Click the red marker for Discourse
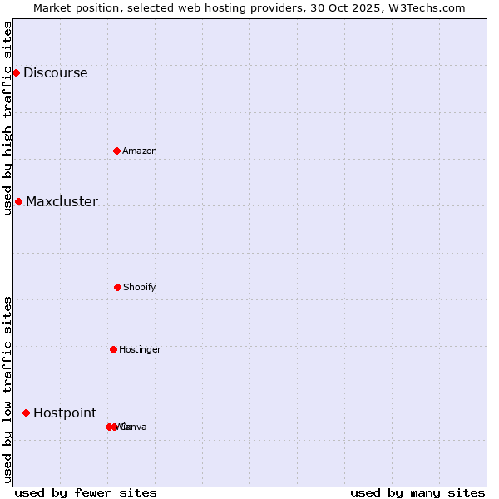tap(16, 72)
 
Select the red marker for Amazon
tap(116, 151)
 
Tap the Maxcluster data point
tap(18, 201)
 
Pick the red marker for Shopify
tap(117, 287)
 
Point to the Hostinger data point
tap(113, 349)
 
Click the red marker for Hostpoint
tap(26, 413)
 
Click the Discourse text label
tap(55, 72)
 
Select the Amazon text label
tap(140, 151)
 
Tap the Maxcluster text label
tap(62, 201)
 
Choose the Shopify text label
tap(140, 287)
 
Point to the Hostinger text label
tap(140, 349)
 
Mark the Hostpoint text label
tap(65, 413)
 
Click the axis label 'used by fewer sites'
tap(86, 492)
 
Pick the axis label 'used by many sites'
tap(417, 492)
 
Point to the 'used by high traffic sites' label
tap(7, 118)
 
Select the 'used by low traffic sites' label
tap(7, 389)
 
